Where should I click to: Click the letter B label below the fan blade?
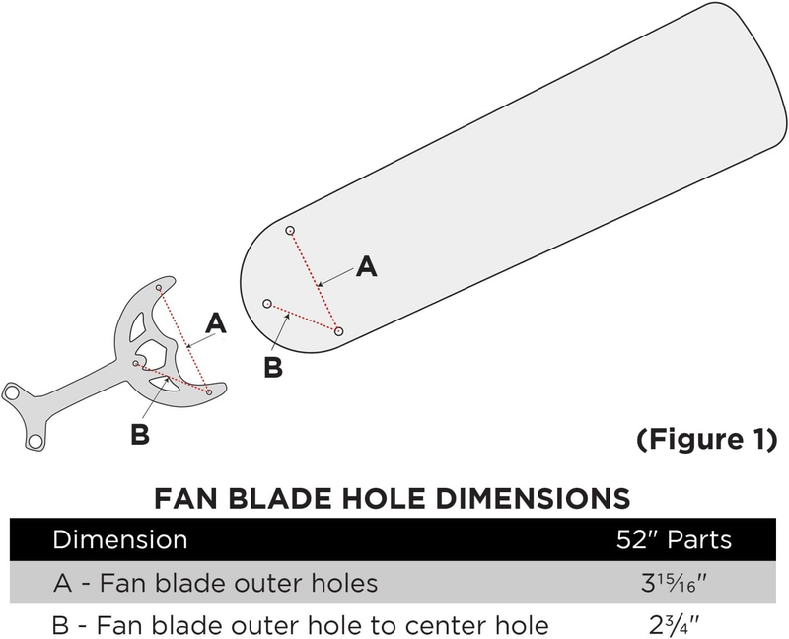click(274, 367)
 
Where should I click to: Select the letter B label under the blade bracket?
click(140, 433)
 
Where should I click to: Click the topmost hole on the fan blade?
click(290, 231)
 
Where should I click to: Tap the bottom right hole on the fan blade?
click(338, 332)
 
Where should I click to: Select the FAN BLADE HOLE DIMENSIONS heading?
click(393, 495)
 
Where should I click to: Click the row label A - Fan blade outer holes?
click(215, 583)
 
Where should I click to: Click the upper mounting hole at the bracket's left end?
click(13, 392)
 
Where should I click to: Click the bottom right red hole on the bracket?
click(209, 391)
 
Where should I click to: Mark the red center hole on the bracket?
click(136, 363)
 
